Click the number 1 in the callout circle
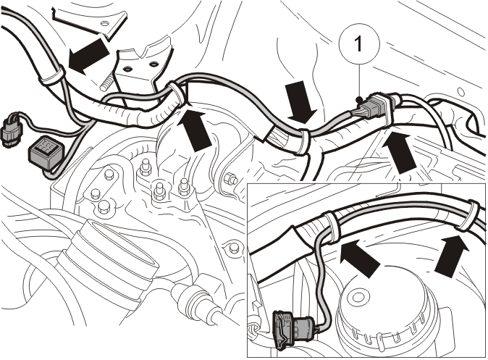coord(358,43)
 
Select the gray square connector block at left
coord(44,151)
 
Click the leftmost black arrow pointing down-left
coord(88,56)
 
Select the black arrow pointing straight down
coord(301,103)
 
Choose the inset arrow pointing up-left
coord(359,258)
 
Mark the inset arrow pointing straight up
coord(451,254)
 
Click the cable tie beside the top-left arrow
coord(51,75)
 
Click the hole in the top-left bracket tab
coord(105,22)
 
